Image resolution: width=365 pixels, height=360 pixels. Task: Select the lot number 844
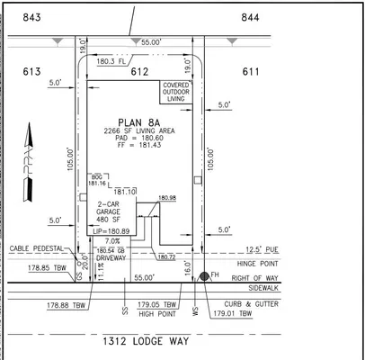coord(251,16)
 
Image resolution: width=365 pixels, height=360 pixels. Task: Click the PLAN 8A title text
coord(138,123)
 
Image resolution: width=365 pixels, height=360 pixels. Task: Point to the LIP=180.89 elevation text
coord(111,231)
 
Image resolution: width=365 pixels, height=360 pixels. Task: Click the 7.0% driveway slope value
coord(112,241)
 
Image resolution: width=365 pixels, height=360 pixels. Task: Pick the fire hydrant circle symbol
coord(204,277)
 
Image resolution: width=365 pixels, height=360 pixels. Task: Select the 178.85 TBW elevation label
coord(43,268)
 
